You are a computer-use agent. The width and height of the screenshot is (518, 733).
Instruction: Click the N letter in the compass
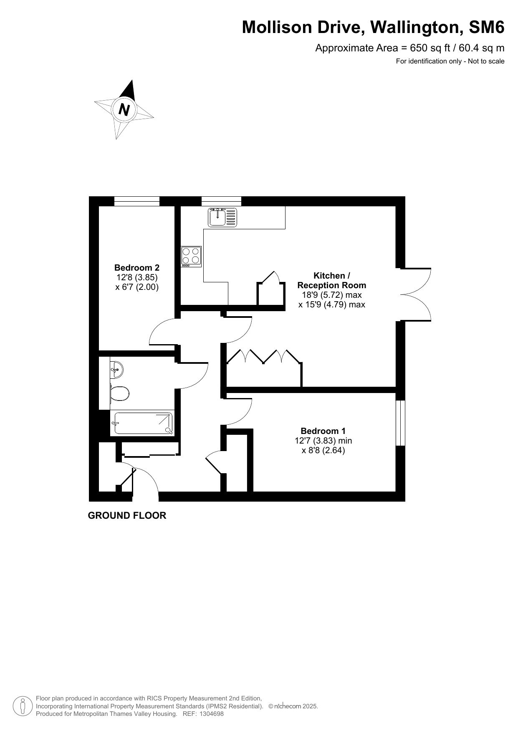coord(124,109)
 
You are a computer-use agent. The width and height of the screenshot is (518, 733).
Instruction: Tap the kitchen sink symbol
coord(222,217)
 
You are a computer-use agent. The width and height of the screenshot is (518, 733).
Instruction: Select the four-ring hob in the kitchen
coord(191,256)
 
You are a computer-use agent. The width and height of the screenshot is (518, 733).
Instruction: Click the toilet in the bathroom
coord(119,393)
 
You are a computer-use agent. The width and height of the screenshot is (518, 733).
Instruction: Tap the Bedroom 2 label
coord(137,268)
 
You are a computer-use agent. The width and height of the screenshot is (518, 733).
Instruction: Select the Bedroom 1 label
coord(323,431)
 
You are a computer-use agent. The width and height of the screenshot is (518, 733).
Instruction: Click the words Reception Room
coord(332,285)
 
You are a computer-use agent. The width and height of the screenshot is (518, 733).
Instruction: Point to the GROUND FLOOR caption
coord(127,515)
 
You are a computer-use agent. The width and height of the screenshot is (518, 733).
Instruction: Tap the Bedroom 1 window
coord(400,423)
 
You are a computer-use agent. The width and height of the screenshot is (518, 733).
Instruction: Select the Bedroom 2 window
coord(137,201)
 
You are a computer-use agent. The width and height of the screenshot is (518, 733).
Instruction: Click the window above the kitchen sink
coord(221,201)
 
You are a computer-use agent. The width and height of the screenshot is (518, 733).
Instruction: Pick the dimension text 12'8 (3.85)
coord(137,277)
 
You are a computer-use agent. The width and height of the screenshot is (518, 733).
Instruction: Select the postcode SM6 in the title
coord(487,28)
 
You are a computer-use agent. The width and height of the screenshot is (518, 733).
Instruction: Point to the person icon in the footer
coord(23,706)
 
